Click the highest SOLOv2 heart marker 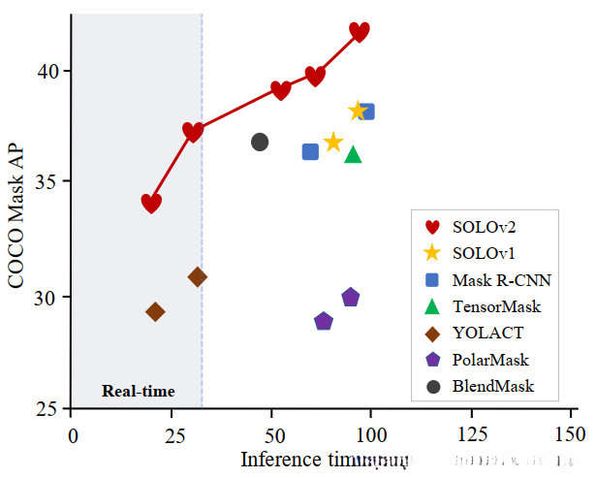360,32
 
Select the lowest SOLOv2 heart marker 151,203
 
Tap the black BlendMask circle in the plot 260,142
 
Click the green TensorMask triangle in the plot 353,154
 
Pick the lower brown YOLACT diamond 155,311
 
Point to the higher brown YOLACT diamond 198,277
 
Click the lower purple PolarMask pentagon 324,321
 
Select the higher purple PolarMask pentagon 351,297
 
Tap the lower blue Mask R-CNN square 310,151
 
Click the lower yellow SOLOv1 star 333,143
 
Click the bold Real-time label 139,392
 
